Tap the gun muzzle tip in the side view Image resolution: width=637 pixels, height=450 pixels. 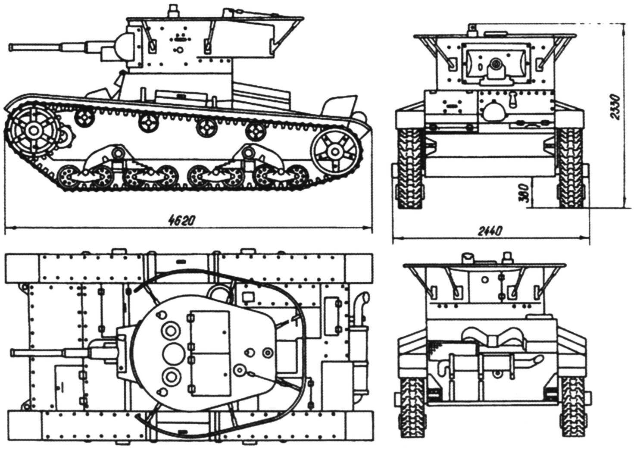tap(12, 46)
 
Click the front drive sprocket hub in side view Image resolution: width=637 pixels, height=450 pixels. tap(32, 129)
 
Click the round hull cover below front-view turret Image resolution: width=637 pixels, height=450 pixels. tap(494, 111)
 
